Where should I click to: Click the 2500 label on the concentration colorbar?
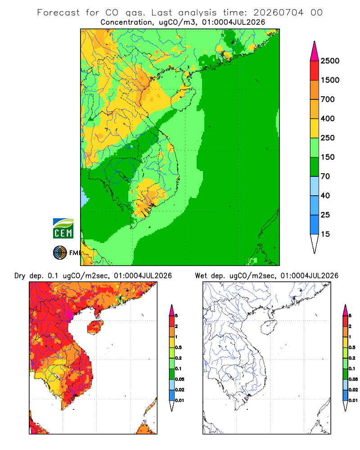[x=330, y=61]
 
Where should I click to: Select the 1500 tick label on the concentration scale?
[x=330, y=80]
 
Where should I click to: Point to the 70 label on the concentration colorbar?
[x=325, y=176]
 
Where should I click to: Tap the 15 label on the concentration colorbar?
[x=325, y=234]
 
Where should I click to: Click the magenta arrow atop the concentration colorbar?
[x=315, y=51]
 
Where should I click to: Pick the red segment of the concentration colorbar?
[x=315, y=71]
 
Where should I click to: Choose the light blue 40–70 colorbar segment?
[x=315, y=186]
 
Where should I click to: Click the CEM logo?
[x=63, y=229]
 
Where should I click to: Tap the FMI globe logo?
[x=60, y=252]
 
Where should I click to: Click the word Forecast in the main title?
[x=58, y=13]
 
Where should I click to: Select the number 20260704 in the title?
[x=278, y=13]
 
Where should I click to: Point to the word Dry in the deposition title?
[x=20, y=276]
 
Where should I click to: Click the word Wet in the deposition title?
[x=201, y=276]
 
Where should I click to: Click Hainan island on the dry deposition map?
[x=95, y=327]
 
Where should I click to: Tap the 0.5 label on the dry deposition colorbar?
[x=178, y=347]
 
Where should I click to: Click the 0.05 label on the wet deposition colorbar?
[x=353, y=379]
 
